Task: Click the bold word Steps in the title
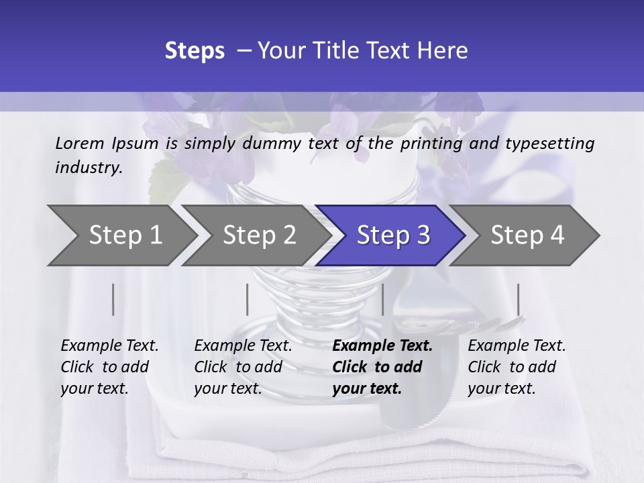coord(195,51)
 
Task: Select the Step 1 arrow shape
coord(117,235)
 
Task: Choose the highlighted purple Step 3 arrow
coord(392,235)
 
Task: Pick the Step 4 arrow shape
coord(527,235)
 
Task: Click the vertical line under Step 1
coord(113,299)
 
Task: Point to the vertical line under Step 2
coord(248,299)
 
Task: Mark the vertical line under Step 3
coord(382,299)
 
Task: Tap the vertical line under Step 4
coord(518,299)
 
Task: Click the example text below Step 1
coord(109,367)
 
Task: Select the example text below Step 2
coord(243,367)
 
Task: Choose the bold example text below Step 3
coord(382,367)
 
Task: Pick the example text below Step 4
coord(517,367)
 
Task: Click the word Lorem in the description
coord(80,143)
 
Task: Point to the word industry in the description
coord(89,168)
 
